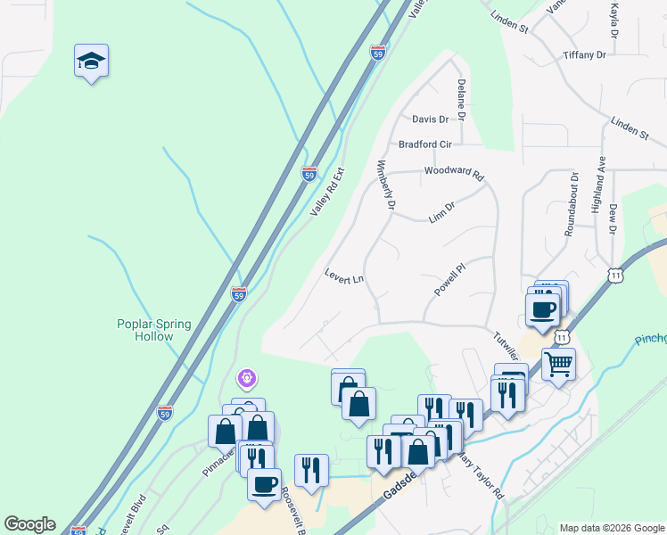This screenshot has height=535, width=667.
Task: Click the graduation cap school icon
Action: (x=91, y=61)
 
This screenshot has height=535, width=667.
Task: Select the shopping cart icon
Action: (x=558, y=363)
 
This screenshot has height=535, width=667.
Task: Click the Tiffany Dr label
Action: (x=584, y=55)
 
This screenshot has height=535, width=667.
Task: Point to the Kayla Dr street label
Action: (x=613, y=20)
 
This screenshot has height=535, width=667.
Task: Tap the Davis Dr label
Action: (x=430, y=119)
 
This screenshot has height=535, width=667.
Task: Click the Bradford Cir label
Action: (x=425, y=144)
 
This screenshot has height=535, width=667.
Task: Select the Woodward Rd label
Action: (x=453, y=171)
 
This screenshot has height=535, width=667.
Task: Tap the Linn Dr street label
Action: (x=441, y=212)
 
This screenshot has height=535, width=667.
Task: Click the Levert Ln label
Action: (x=344, y=277)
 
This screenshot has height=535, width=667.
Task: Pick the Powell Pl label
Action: (x=450, y=279)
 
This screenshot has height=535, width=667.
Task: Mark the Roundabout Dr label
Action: (x=572, y=204)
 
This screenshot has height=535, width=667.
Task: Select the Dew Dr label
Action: (x=613, y=218)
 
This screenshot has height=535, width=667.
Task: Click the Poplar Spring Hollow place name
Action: (x=154, y=330)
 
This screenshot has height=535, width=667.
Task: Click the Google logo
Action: (x=29, y=524)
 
